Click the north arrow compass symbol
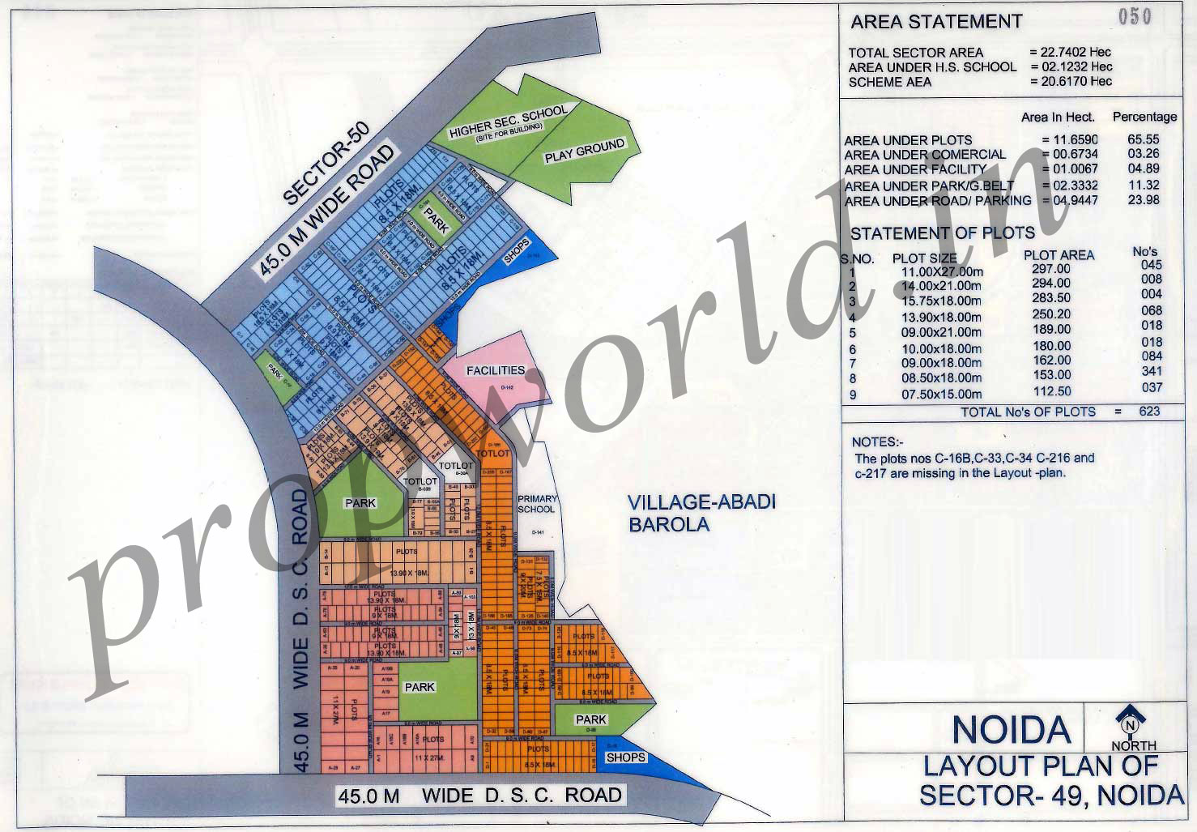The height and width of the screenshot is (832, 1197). coord(1131,719)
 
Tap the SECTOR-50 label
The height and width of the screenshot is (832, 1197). coord(326,163)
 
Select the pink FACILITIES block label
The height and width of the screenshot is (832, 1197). coord(496,370)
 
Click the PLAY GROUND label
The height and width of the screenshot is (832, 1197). coord(584,151)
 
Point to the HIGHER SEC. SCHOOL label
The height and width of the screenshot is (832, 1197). coord(508,123)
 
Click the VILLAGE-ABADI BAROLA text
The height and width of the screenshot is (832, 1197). coord(701,513)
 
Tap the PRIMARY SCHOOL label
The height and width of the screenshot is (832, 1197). coord(537,504)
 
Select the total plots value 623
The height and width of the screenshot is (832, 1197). coord(1148,411)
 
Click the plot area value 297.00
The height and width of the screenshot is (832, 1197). coord(1051,269)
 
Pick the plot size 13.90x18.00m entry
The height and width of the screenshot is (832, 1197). coord(941,317)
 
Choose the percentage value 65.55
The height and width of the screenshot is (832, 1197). coord(1144,139)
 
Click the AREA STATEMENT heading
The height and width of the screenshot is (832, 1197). coord(936,22)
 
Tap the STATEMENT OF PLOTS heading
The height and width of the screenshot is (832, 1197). coord(942,233)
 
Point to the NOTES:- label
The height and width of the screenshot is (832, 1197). coord(876,442)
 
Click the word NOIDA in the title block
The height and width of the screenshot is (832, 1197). coord(1011,730)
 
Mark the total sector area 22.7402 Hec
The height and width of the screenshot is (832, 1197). coord(1071,52)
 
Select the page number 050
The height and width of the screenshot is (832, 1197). coord(1135,16)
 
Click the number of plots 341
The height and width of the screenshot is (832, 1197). coord(1150,372)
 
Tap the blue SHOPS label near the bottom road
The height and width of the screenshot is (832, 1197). coord(625,757)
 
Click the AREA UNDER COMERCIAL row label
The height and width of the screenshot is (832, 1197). coord(925,155)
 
